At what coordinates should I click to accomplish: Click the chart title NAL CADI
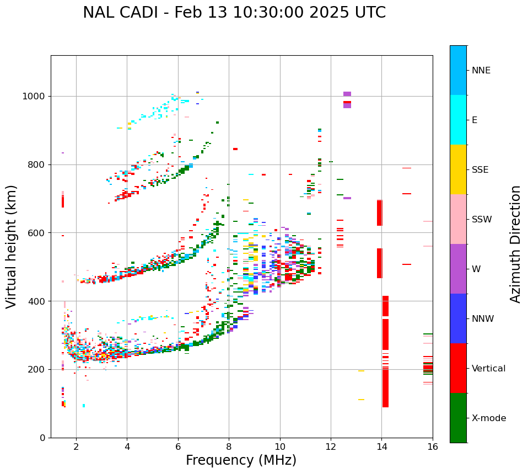click(234, 13)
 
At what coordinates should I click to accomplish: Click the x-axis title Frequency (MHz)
click(241, 460)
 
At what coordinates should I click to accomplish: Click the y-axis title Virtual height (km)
click(12, 247)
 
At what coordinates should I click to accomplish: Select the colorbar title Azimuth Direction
click(515, 244)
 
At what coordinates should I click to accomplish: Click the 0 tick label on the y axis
click(42, 438)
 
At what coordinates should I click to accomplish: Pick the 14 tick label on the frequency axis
click(381, 447)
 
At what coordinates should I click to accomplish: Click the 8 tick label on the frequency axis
click(229, 447)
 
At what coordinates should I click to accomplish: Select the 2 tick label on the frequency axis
click(76, 447)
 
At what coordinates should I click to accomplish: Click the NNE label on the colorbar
click(481, 71)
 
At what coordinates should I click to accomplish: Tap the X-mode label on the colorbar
click(488, 418)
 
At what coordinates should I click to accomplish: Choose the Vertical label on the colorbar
click(488, 369)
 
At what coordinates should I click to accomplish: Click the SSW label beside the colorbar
click(482, 220)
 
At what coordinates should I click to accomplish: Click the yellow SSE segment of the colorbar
click(458, 169)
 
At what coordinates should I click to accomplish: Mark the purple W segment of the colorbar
click(458, 269)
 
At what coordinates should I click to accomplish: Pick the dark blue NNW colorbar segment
click(458, 318)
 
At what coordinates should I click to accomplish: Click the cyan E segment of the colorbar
click(458, 120)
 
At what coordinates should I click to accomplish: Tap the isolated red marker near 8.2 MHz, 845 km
click(235, 149)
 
